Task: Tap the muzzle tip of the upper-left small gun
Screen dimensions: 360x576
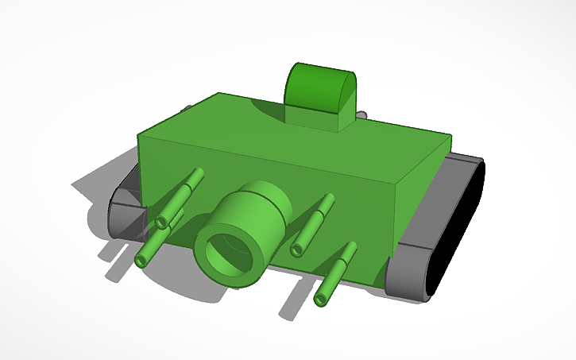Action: coord(163,222)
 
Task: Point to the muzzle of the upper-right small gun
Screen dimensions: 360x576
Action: coord(298,250)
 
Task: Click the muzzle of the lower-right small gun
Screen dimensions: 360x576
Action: coord(321,300)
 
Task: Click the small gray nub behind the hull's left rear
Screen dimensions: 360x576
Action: coord(187,107)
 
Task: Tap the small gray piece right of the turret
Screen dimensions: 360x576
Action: coord(361,114)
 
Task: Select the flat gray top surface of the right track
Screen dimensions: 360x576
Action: coord(461,163)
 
